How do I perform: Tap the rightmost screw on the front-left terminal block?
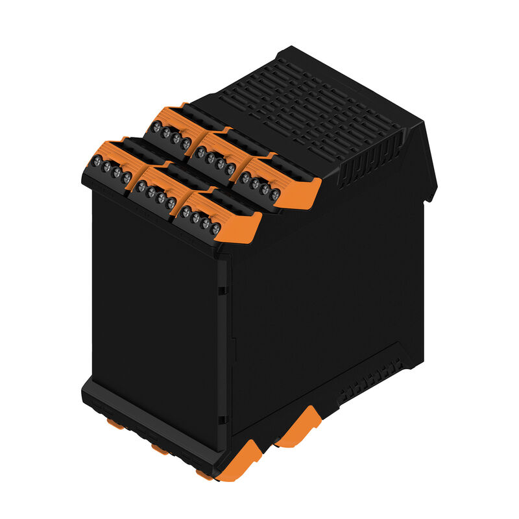point(127,176)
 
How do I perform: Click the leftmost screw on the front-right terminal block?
point(186,211)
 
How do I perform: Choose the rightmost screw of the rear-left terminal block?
point(186,143)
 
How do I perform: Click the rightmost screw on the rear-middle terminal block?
point(230,169)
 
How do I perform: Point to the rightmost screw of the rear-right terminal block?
point(275,193)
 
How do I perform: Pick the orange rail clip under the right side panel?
point(299,428)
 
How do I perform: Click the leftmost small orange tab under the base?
point(116,424)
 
